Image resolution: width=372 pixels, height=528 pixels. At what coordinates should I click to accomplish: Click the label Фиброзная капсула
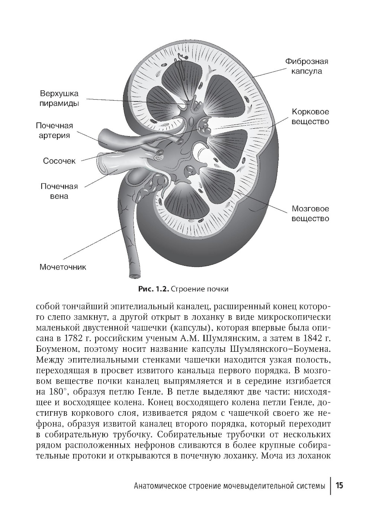point(307,66)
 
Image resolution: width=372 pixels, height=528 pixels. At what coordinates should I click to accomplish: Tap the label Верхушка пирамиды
point(59,99)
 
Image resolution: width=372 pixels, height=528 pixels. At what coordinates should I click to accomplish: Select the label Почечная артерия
point(54,131)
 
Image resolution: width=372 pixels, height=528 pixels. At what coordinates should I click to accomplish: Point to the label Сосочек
point(60,161)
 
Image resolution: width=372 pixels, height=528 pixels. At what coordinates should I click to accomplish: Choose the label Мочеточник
point(63,267)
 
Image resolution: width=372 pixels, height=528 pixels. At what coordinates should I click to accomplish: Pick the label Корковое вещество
point(310,116)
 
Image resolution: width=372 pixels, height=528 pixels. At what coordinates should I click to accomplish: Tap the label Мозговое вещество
point(310,213)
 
